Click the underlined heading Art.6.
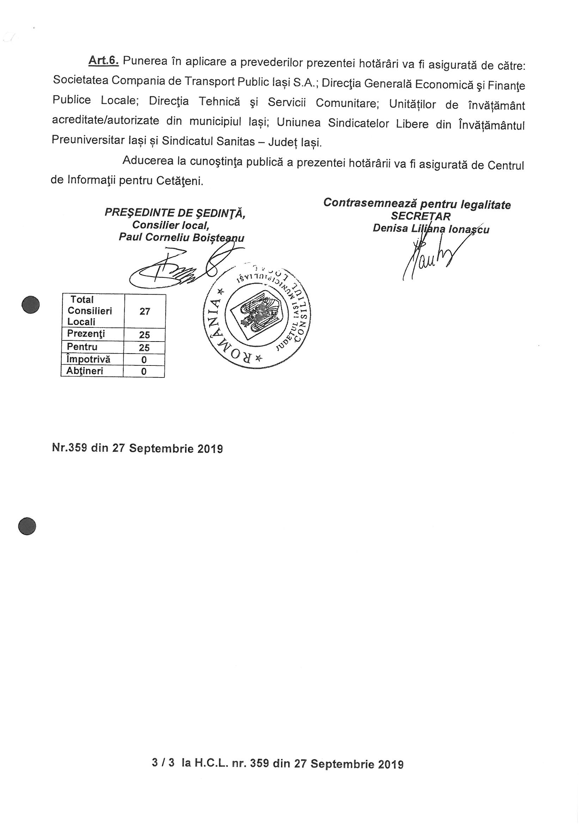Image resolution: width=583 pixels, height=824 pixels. click(x=103, y=60)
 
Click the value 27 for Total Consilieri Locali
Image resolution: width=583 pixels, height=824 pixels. click(x=145, y=311)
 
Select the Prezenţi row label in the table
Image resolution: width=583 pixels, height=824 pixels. click(x=86, y=334)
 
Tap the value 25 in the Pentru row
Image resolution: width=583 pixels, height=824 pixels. click(x=144, y=348)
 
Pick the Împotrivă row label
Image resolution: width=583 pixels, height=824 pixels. click(x=89, y=359)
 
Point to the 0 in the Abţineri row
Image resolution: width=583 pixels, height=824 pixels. click(x=144, y=371)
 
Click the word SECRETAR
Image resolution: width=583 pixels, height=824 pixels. click(x=421, y=216)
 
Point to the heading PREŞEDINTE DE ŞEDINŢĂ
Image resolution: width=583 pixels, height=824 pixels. click(x=175, y=213)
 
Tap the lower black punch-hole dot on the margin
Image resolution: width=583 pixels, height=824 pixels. click(x=27, y=527)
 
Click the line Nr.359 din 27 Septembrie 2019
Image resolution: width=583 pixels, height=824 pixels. click(x=137, y=448)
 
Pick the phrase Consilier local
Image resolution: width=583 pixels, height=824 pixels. click(x=171, y=225)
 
